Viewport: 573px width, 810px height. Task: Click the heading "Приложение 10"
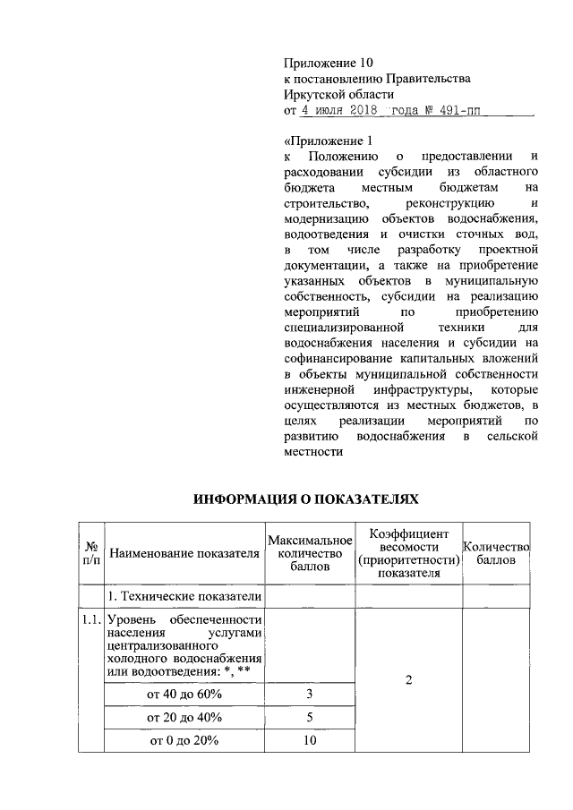[x=327, y=63]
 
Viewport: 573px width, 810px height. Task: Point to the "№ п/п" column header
[x=90, y=552]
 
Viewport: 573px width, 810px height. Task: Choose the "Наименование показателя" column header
[x=184, y=553]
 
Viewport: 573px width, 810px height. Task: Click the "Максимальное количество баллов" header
[x=311, y=553]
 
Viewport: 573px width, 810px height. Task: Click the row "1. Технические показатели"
[x=184, y=596]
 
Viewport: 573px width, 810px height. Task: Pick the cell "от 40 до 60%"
[x=184, y=694]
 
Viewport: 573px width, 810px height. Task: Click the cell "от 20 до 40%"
[x=184, y=717]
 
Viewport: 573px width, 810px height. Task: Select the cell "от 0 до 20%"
[x=184, y=740]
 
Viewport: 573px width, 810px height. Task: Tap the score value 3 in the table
[x=311, y=694]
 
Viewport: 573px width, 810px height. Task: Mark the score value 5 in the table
[x=311, y=717]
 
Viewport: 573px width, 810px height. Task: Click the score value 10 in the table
[x=311, y=740]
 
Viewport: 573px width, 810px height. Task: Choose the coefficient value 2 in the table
[x=408, y=681]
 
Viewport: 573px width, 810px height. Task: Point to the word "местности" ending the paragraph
[x=314, y=452]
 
